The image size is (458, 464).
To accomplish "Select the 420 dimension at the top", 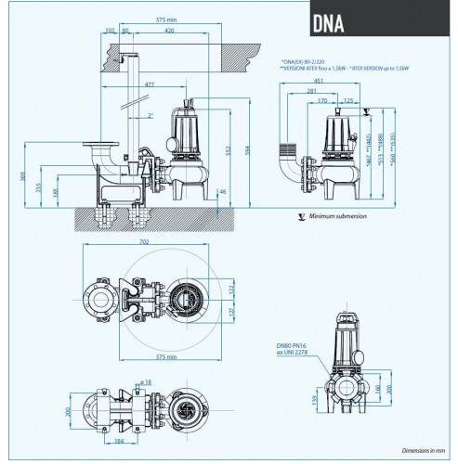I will [x=167, y=30].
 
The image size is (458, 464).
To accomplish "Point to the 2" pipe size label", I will [x=150, y=115].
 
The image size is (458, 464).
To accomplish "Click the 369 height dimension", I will [x=24, y=176].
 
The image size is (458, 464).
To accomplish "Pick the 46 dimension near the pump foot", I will [x=222, y=192].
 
